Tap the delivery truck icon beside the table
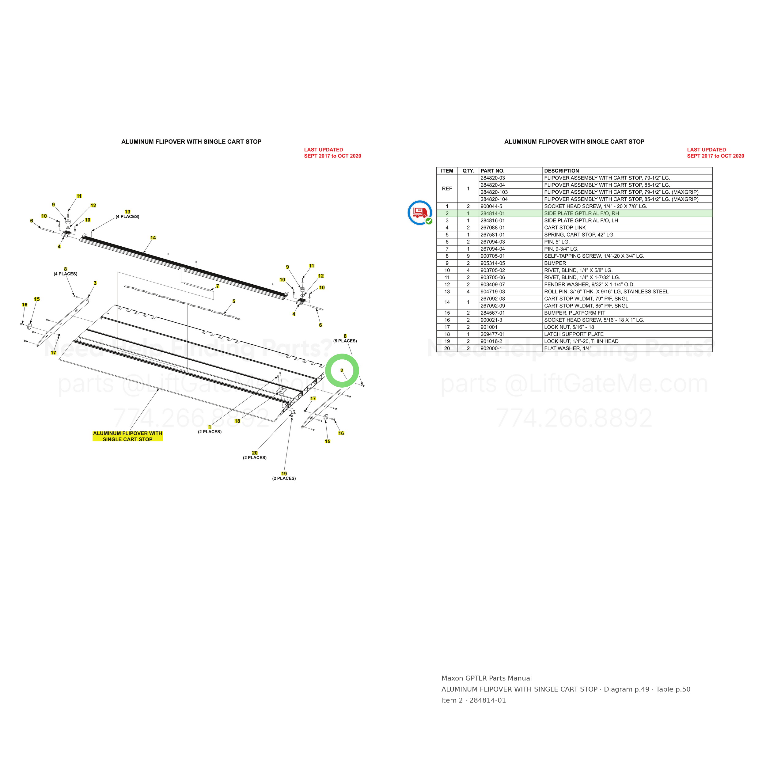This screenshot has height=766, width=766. pos(420,213)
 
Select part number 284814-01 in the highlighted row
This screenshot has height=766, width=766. pos(492,213)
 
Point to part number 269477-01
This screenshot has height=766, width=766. pos(492,334)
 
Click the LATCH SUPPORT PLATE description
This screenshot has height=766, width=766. pos(574,334)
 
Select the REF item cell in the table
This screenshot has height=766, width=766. pos(447,189)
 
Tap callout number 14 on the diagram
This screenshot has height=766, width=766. pos(153,237)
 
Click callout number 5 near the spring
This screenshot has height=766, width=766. pos(234,301)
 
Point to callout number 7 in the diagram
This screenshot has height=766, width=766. pos(218,286)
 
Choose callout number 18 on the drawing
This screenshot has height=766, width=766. pos(237,421)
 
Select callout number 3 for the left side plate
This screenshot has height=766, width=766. pos(95,283)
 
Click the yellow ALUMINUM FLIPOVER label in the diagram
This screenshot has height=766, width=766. pos(128,436)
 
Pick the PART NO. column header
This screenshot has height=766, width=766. pos(492,171)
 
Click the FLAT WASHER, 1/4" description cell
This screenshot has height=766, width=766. pos(567,348)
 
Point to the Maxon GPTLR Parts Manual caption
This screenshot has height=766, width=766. pos(487,678)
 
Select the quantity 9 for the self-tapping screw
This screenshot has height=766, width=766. pos(468,256)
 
